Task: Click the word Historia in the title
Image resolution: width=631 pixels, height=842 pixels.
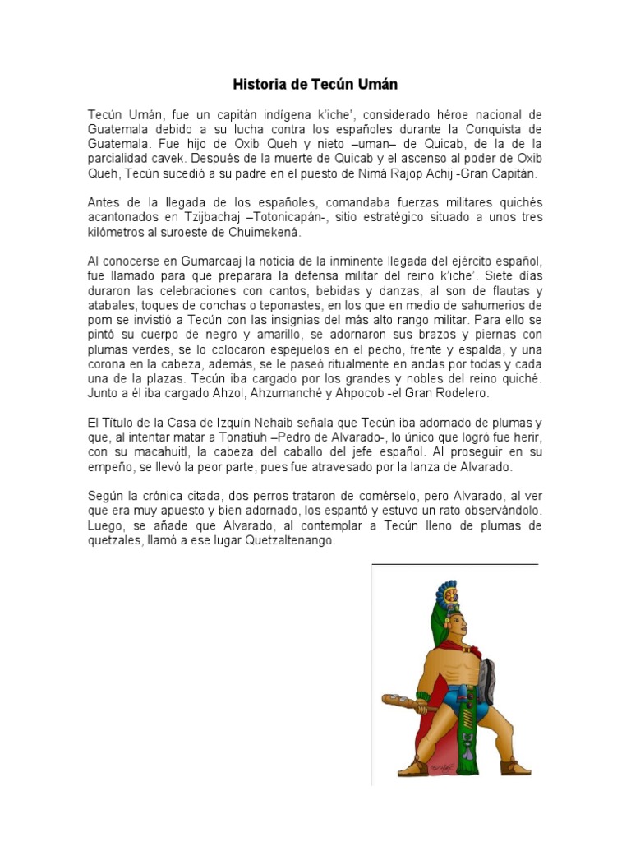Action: pos(260,84)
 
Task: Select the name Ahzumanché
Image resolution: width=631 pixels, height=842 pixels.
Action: pos(279,393)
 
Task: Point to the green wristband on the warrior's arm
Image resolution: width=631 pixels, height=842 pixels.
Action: pos(423,705)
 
